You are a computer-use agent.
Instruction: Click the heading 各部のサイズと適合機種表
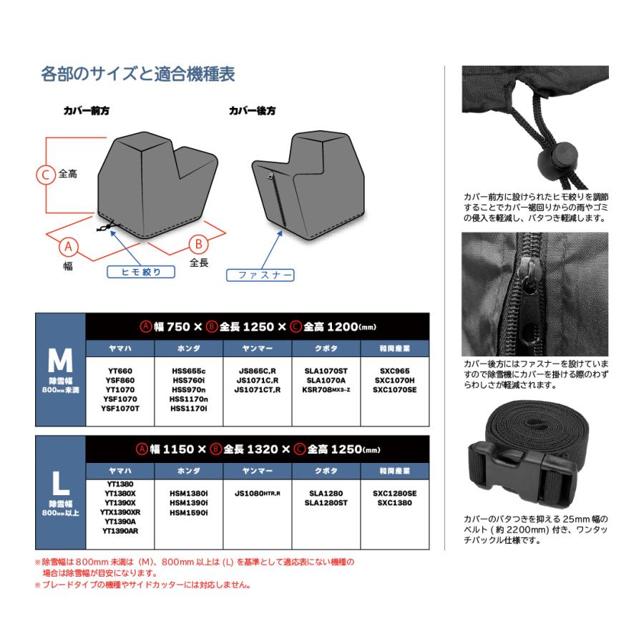tap(138, 74)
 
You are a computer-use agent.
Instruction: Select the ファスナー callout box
tap(260, 275)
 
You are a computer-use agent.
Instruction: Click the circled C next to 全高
tap(46, 174)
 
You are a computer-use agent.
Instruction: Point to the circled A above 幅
tap(69, 247)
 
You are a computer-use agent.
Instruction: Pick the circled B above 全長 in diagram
tap(198, 243)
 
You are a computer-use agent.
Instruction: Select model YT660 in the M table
tap(119, 371)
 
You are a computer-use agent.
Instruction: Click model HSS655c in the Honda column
tap(190, 371)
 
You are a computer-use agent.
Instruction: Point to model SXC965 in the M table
tap(395, 371)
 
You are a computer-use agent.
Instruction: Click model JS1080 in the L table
tap(257, 493)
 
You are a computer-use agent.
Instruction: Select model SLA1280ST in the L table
tap(326, 503)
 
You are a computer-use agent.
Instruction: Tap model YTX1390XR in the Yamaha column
tap(120, 512)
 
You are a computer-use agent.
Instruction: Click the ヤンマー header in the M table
tap(258, 348)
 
